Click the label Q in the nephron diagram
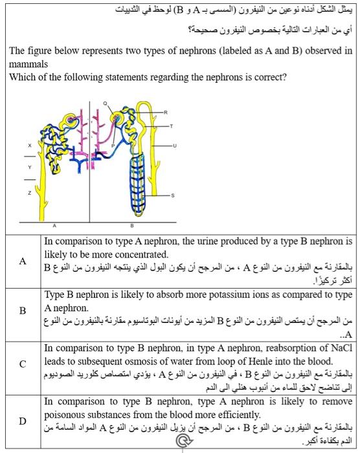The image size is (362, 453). click(x=104, y=103)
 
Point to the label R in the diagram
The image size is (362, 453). click(x=166, y=113)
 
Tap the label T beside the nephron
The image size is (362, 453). click(x=172, y=126)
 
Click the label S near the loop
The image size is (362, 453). click(x=172, y=195)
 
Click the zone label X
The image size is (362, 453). click(x=28, y=146)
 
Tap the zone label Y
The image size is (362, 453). click(x=28, y=167)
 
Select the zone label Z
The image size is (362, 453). click(x=28, y=193)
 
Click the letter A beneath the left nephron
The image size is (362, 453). click(x=54, y=226)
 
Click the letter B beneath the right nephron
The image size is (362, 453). click(x=131, y=226)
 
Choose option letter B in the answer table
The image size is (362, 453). click(x=23, y=310)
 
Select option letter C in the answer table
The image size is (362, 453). click(x=23, y=364)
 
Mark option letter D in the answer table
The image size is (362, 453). click(x=23, y=421)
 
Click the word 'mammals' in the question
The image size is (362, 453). click(x=26, y=65)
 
